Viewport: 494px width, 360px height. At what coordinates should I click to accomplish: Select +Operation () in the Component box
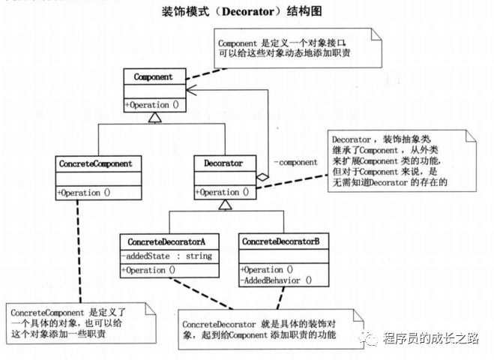pos(152,104)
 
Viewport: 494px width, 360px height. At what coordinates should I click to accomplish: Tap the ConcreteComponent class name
pos(94,163)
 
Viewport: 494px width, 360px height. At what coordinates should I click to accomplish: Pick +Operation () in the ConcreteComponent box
pos(84,191)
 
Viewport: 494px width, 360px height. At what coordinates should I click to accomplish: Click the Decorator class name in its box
pos(223,163)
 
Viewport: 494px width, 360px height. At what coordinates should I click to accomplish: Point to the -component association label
pos(298,161)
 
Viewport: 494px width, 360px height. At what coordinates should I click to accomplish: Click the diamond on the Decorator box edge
pos(261,175)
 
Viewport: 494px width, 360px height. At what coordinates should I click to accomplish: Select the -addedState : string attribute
pos(167,256)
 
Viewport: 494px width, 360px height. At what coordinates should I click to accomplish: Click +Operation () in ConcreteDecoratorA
pos(150,270)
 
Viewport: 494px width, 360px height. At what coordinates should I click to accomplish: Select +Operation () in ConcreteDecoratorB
pos(268,269)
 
